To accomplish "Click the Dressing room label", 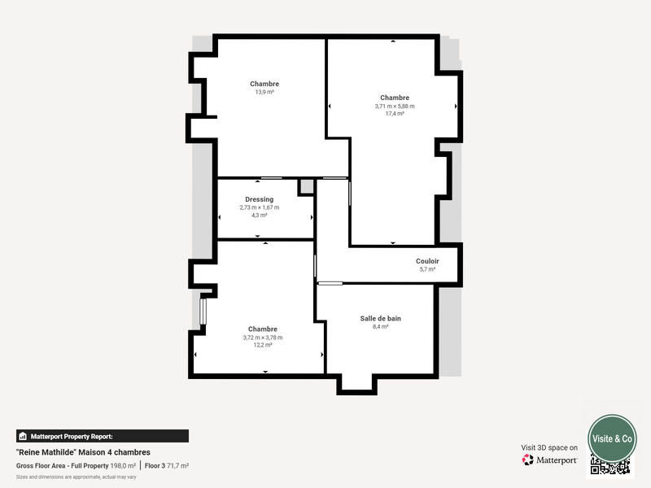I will click(x=259, y=199).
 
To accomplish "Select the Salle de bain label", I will click(x=380, y=318).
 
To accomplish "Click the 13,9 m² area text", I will click(x=264, y=92).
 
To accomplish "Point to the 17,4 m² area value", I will click(x=395, y=114).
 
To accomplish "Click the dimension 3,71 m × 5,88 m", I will click(x=395, y=106).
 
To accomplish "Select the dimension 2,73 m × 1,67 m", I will click(x=259, y=207).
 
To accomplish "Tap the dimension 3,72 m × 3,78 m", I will click(x=262, y=338).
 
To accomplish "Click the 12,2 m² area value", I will click(x=262, y=345).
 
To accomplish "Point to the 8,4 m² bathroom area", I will click(x=380, y=326).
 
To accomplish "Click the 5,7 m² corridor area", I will click(x=427, y=269).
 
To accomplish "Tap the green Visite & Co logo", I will click(x=612, y=438).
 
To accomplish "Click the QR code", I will click(x=610, y=466).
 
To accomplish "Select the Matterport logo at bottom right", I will click(x=550, y=460).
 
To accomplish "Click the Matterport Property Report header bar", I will click(x=102, y=436).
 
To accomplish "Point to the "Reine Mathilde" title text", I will click(x=83, y=452).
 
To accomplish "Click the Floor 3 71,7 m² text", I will click(x=167, y=465).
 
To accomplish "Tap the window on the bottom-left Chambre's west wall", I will click(x=203, y=312).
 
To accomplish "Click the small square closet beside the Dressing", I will click(x=306, y=187).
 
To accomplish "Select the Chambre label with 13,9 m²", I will click(x=264, y=84).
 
